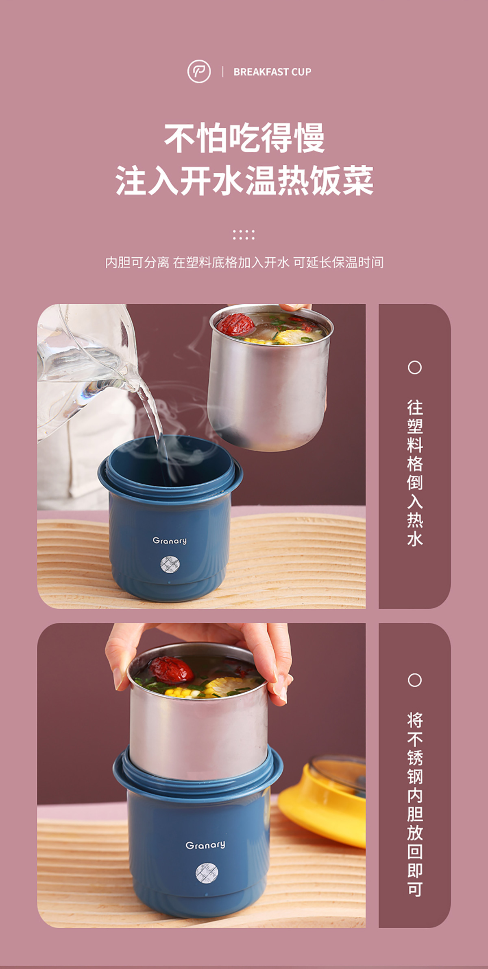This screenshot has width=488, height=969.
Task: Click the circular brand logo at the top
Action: coord(199,71)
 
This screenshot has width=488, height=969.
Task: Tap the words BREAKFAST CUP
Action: coord(272,72)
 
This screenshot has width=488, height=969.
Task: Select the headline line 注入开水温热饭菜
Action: coord(244,180)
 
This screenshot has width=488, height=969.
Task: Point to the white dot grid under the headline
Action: coord(244,235)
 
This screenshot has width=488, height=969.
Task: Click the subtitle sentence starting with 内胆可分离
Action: coord(244,263)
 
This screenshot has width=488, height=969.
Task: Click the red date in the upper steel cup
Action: coord(235,324)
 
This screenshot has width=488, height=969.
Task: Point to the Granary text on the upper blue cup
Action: coord(170,541)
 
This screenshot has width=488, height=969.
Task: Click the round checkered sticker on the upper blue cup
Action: coord(170,564)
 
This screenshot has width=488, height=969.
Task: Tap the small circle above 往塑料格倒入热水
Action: coord(414,368)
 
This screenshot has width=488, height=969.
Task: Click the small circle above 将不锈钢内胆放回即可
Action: coord(414,680)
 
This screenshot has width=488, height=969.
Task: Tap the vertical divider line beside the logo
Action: coord(223,72)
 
